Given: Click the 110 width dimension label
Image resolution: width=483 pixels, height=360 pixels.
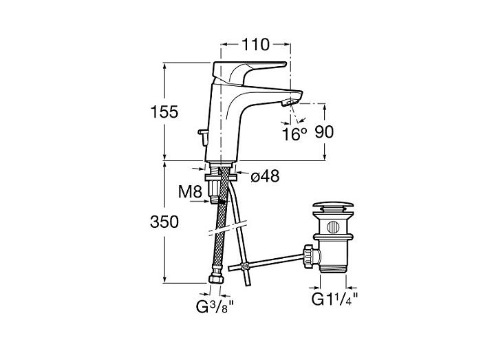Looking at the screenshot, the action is point(255,45).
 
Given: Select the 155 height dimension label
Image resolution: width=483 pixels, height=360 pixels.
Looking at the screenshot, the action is point(164,112).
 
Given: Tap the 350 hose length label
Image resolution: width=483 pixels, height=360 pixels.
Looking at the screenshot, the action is point(164,222).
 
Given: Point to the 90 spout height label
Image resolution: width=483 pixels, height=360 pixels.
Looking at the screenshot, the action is point(324,132).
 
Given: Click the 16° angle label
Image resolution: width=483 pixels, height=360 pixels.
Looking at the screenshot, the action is point(294,134).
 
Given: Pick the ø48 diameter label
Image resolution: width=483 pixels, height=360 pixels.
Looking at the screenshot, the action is point(265,176).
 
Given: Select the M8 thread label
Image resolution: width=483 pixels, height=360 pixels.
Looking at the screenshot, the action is point(190,192).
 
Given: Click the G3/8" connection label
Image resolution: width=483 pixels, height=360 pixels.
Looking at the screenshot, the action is point(215,307).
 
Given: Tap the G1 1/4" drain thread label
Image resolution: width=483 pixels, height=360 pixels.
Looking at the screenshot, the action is point(335,299).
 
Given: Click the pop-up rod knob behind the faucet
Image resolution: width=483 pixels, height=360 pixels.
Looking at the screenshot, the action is point(203,137).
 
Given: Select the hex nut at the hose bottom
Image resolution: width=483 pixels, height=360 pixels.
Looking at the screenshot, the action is point(215,279).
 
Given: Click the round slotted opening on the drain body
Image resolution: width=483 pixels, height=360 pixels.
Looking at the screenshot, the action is point(333,227).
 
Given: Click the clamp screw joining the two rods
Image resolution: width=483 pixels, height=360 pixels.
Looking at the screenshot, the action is point(245,266).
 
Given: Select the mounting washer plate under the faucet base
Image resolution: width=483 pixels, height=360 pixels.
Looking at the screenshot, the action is point(221,178).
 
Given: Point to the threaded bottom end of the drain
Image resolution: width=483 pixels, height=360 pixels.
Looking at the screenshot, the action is point(333,268).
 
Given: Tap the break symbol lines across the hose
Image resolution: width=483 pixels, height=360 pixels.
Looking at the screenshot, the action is point(228,228).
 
